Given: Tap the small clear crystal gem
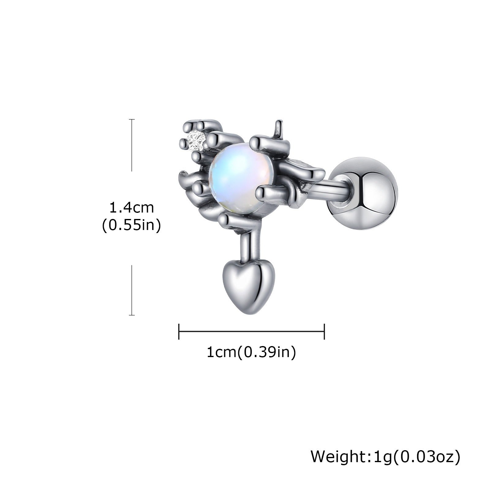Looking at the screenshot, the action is (x=197, y=141).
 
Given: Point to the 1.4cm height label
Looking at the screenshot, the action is (x=132, y=208).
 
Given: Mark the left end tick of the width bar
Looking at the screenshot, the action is (x=179, y=331).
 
